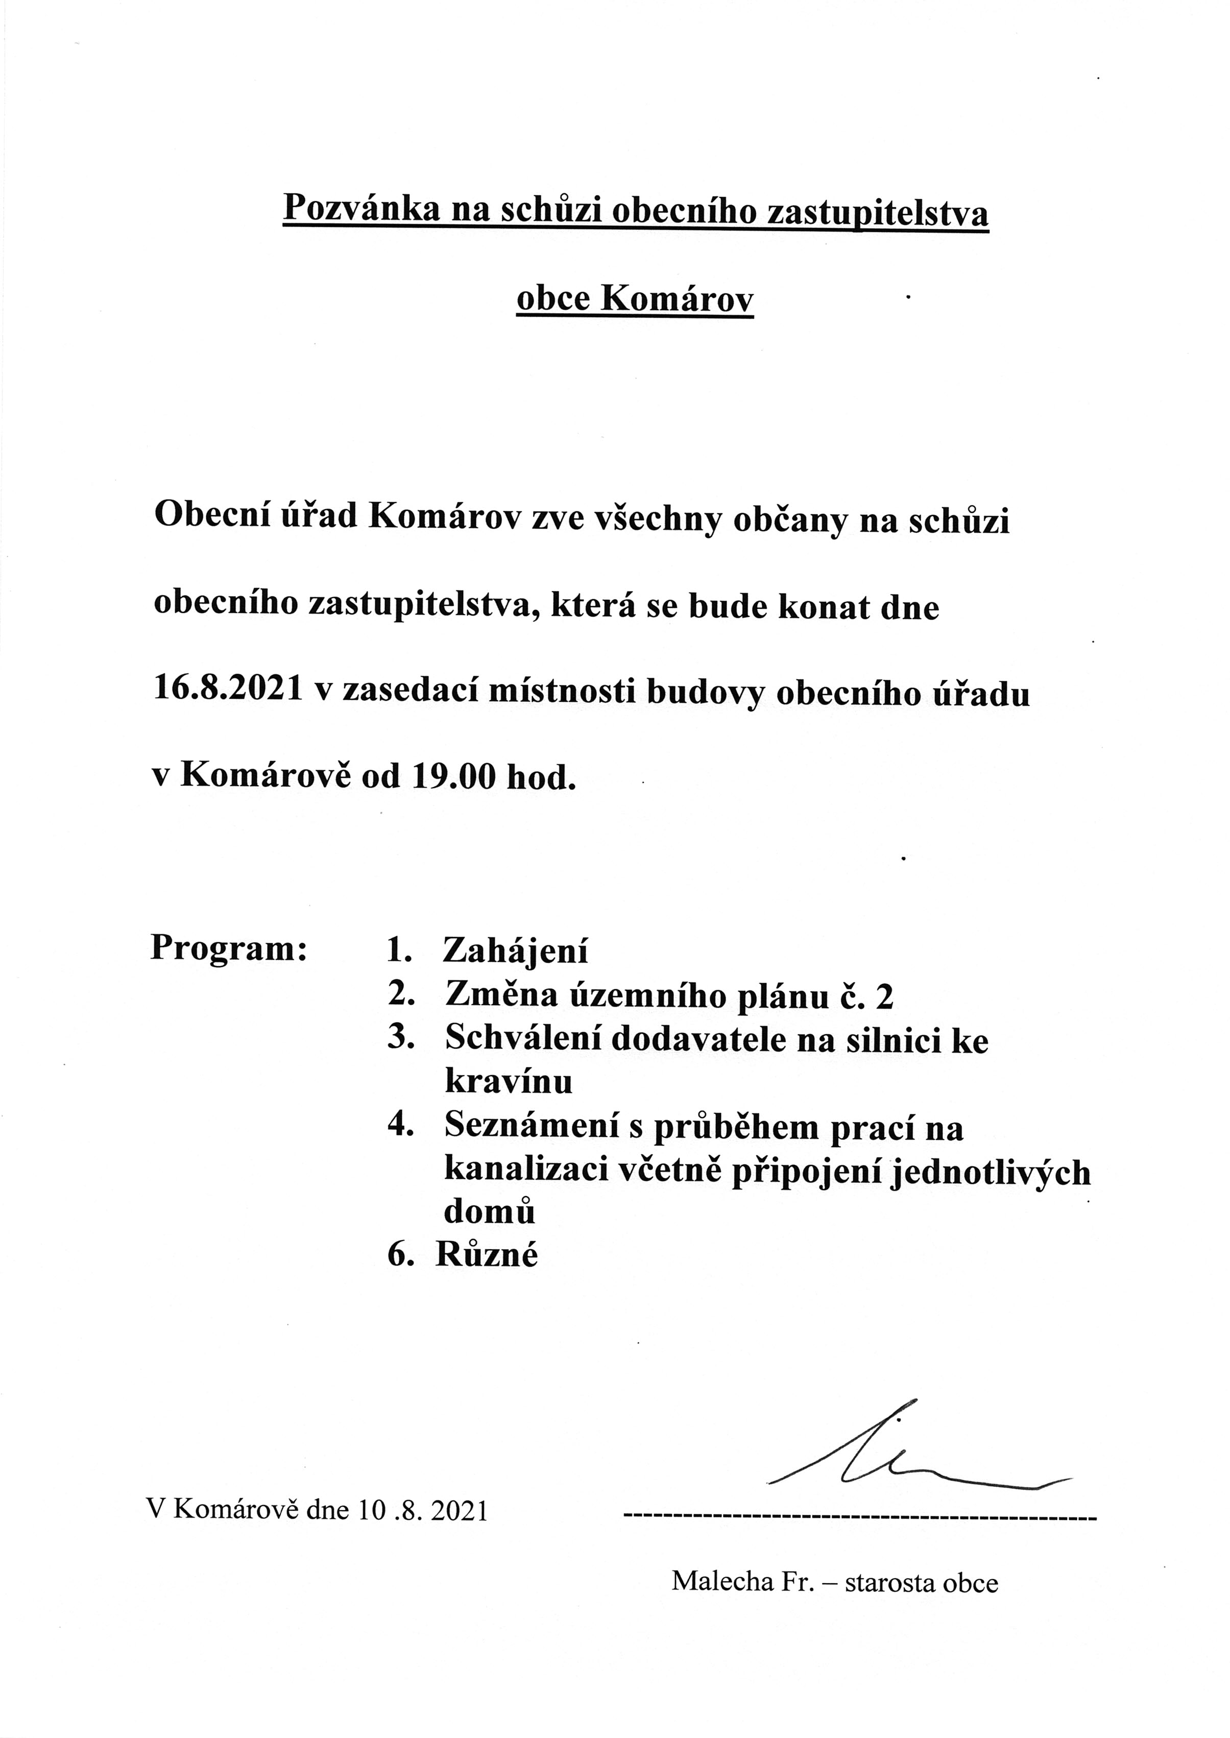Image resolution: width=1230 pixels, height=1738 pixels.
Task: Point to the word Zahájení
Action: [x=515, y=950]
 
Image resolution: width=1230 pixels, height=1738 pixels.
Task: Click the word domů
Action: [x=489, y=1213]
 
